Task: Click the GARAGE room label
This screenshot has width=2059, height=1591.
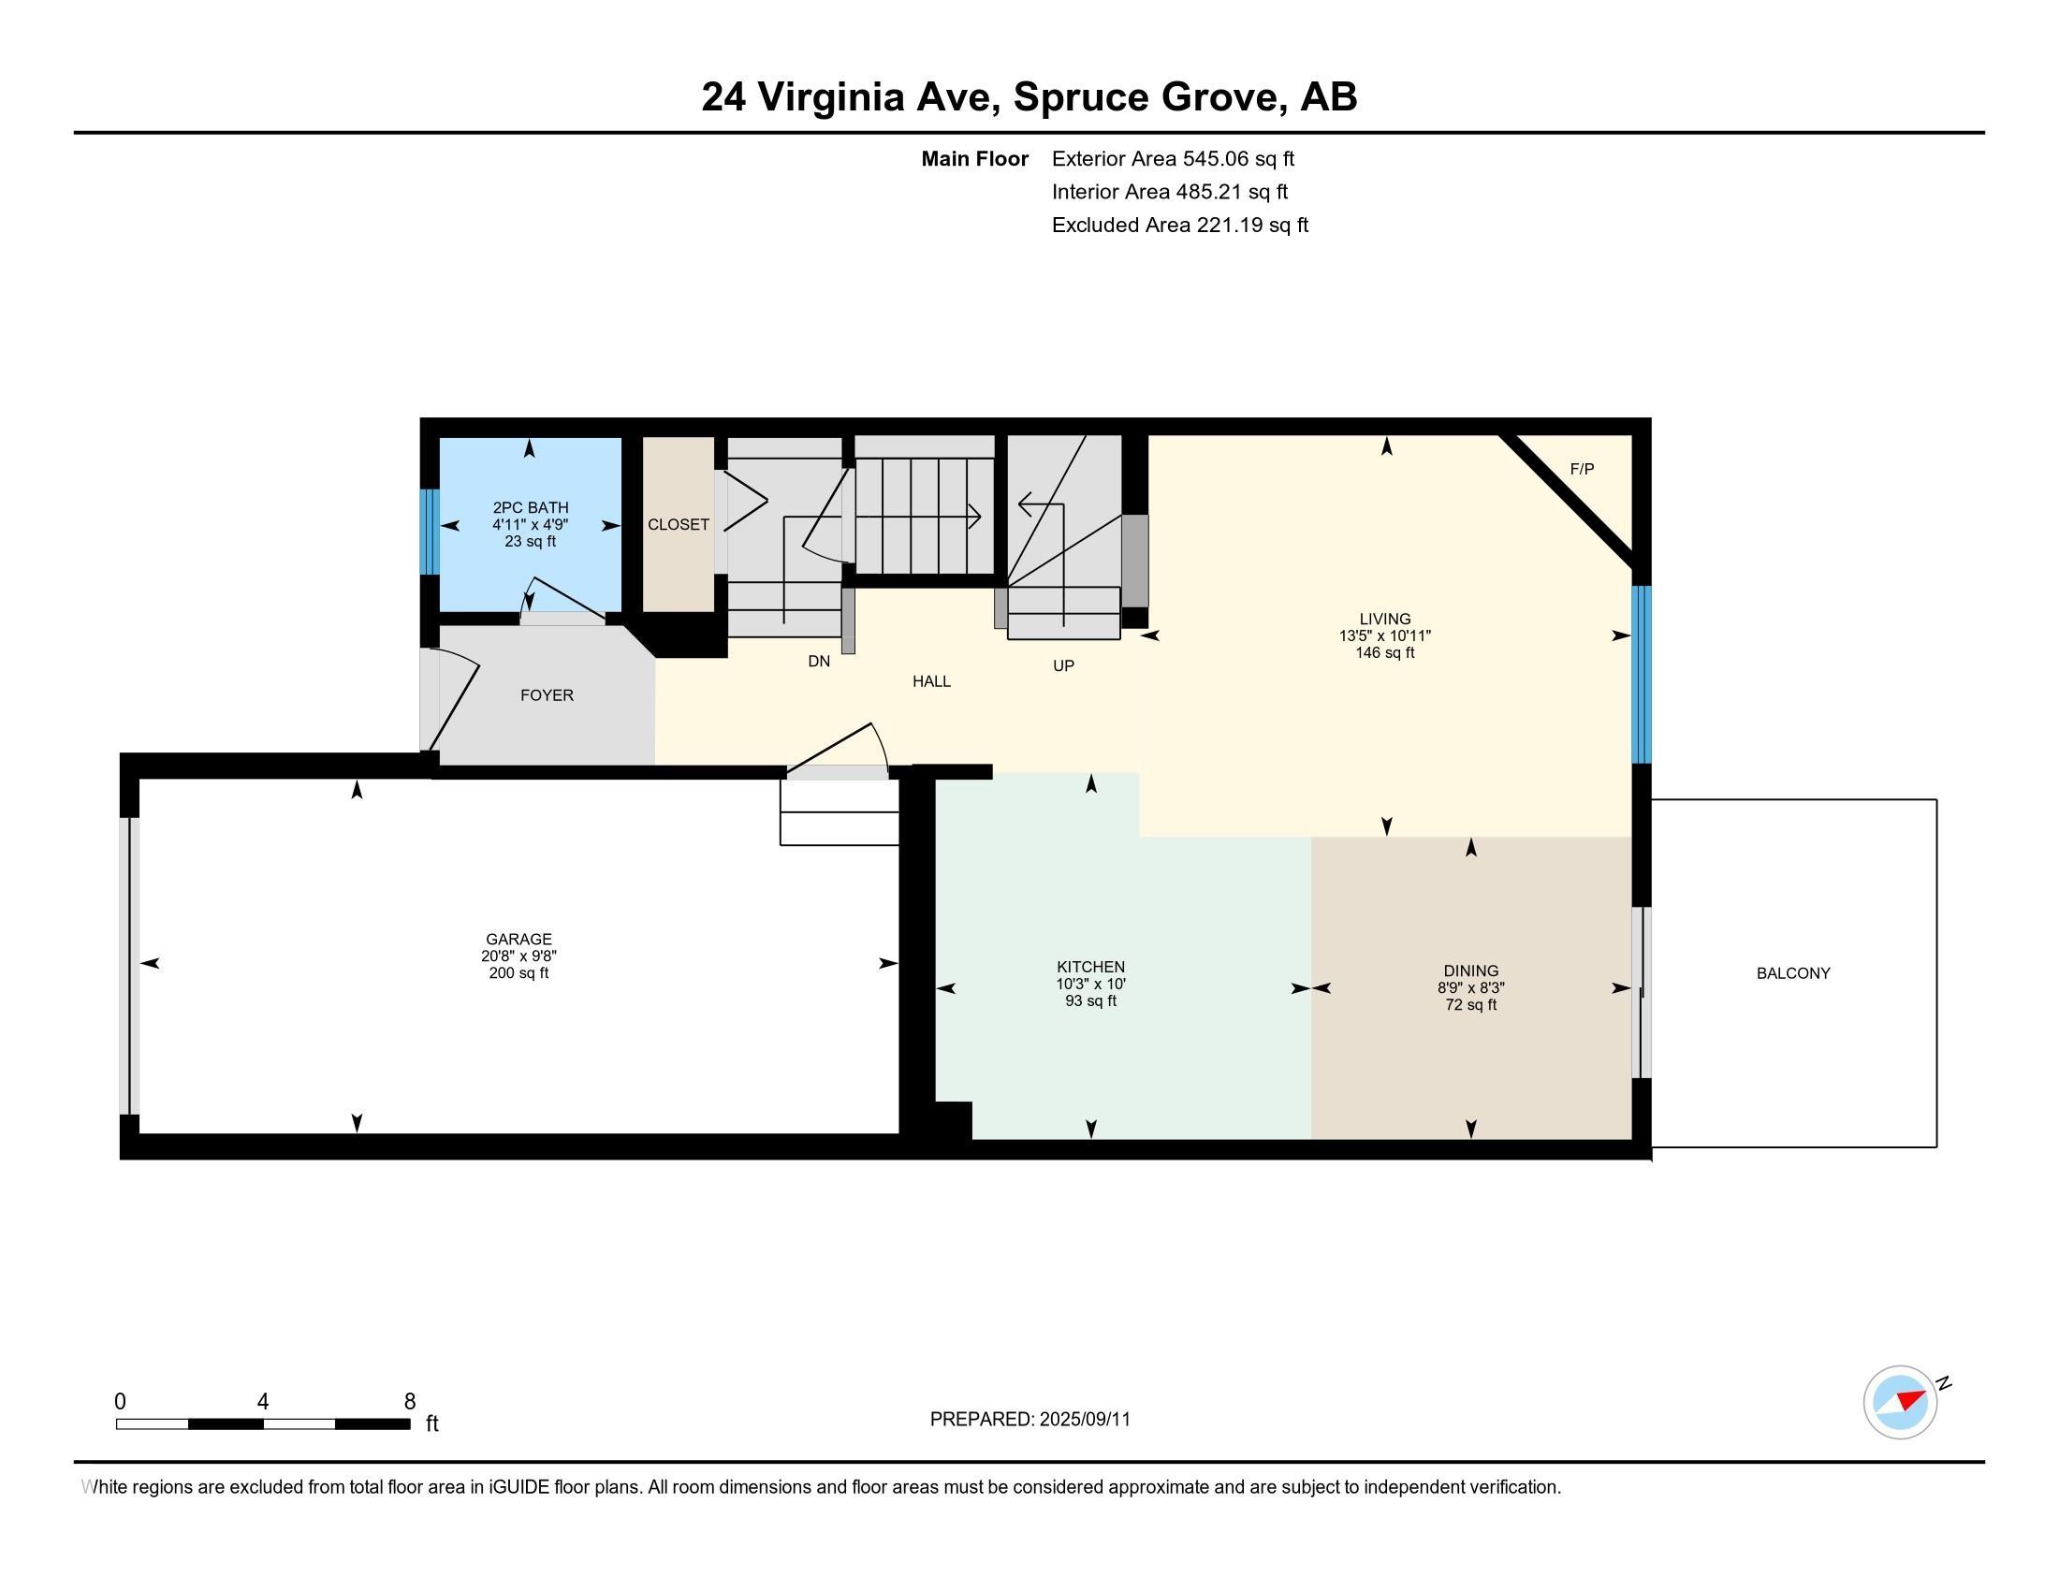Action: (x=518, y=939)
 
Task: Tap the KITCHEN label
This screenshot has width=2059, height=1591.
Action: (x=1090, y=967)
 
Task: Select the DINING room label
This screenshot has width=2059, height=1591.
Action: (x=1470, y=971)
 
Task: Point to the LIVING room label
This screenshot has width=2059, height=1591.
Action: (x=1385, y=620)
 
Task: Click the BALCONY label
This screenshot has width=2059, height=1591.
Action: (x=1793, y=973)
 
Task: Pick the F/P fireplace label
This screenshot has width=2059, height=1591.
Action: (x=1582, y=470)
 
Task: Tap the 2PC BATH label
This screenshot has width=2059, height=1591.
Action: (x=531, y=508)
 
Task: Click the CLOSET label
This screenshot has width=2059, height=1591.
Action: (x=678, y=525)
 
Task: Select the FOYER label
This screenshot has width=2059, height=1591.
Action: (x=547, y=695)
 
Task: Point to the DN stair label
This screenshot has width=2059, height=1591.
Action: (x=819, y=662)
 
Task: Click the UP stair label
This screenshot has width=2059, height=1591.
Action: (x=1063, y=666)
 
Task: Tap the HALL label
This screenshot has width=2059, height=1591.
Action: (x=931, y=681)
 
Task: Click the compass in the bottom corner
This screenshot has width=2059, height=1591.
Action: (x=1901, y=1402)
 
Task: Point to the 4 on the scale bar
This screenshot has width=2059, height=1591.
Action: (x=263, y=1402)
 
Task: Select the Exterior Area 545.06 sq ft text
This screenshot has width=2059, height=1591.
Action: (x=1173, y=159)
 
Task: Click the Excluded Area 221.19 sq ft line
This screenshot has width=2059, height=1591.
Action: (x=1180, y=226)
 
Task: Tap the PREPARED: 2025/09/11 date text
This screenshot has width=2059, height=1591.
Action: (x=1030, y=1420)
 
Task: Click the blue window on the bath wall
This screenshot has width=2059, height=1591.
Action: (x=429, y=532)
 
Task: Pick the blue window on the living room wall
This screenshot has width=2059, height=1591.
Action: (x=1642, y=675)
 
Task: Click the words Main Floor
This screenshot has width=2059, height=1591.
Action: (x=975, y=159)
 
